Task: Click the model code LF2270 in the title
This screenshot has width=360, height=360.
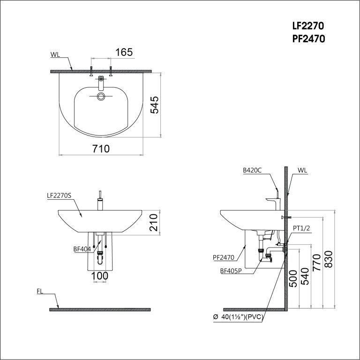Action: click(308, 26)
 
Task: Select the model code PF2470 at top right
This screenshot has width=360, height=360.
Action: click(308, 39)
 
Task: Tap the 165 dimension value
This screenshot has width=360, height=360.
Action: click(124, 52)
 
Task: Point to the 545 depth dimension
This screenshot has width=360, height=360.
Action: click(154, 105)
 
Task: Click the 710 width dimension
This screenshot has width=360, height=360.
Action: click(101, 149)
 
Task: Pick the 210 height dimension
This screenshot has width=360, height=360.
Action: click(154, 223)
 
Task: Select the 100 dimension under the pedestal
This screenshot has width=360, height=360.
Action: click(100, 276)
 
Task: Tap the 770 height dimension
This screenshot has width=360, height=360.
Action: click(316, 262)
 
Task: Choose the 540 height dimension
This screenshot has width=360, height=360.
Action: click(305, 276)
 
